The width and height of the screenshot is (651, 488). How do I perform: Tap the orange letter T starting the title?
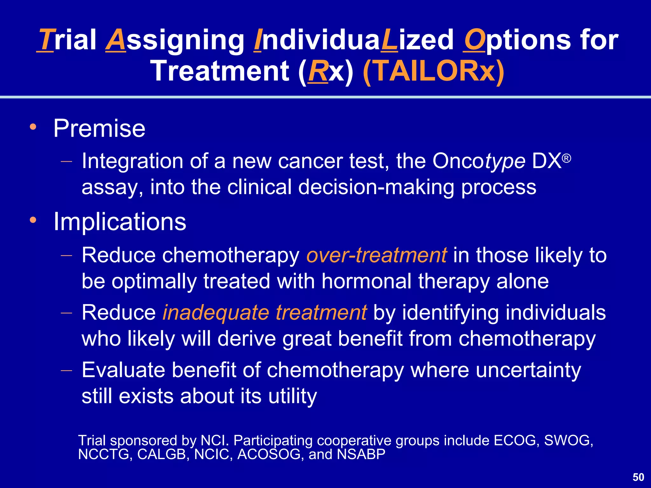(x=46, y=40)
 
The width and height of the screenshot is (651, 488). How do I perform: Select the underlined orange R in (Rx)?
(x=318, y=71)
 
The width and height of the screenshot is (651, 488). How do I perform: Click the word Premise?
(x=99, y=128)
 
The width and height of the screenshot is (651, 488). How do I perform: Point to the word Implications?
(x=120, y=222)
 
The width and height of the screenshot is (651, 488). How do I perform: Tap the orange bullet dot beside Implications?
(x=33, y=220)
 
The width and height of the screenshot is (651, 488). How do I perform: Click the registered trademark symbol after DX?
(x=566, y=158)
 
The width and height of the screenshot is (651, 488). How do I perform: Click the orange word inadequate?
(x=216, y=313)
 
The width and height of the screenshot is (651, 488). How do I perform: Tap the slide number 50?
(x=638, y=477)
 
